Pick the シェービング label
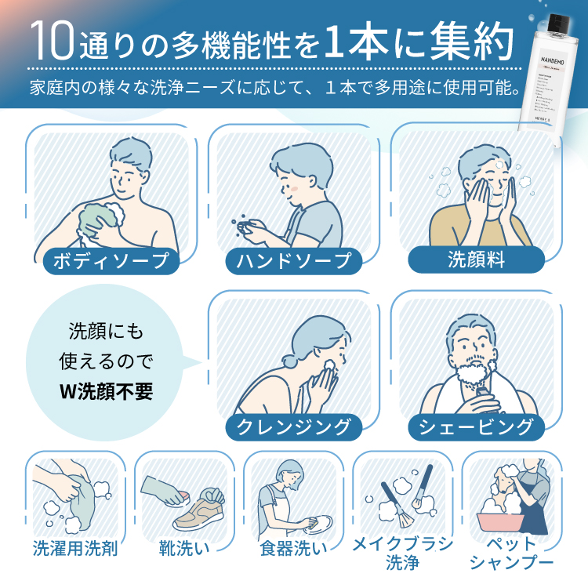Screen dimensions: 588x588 pos(477,426)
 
